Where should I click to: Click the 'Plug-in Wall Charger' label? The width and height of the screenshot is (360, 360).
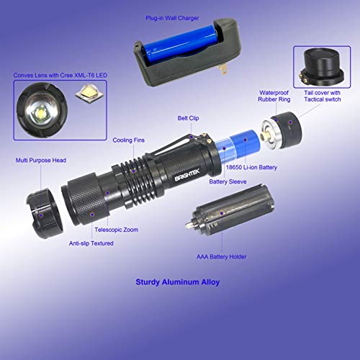click(172, 18)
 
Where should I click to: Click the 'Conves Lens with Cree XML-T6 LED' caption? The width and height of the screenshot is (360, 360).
click(60, 76)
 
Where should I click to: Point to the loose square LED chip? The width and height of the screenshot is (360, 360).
click(89, 94)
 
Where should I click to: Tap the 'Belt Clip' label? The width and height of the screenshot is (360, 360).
click(188, 118)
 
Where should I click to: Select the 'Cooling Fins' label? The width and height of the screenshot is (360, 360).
click(129, 140)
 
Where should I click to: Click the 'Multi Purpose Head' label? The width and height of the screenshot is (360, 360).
click(41, 161)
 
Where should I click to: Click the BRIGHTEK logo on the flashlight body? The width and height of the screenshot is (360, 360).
click(187, 175)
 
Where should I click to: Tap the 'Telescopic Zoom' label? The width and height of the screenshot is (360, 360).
click(117, 230)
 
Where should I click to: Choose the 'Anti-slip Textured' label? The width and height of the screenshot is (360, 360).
click(91, 243)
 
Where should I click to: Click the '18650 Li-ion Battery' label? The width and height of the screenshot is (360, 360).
click(251, 167)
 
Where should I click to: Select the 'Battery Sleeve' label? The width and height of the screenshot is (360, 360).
click(228, 181)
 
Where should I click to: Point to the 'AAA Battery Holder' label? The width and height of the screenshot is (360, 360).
click(222, 257)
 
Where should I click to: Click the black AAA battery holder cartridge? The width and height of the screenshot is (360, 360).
click(230, 210)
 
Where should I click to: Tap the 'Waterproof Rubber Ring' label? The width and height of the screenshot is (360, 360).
click(274, 96)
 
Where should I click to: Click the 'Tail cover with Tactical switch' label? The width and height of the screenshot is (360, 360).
click(323, 96)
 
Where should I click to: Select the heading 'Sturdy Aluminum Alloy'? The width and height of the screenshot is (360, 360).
click(178, 282)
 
